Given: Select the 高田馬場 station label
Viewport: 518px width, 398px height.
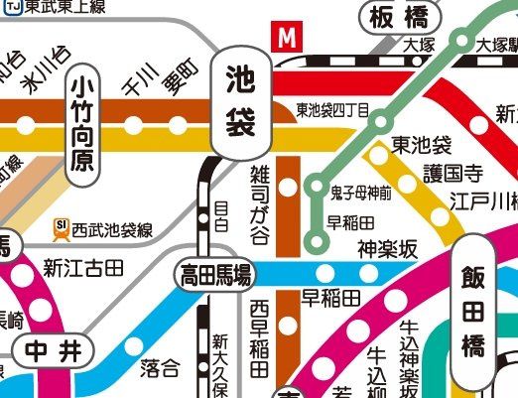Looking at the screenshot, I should [214, 273].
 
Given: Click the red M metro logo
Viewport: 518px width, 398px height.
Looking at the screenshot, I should [288, 38].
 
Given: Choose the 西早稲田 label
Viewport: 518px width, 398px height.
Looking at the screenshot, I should [259, 337].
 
